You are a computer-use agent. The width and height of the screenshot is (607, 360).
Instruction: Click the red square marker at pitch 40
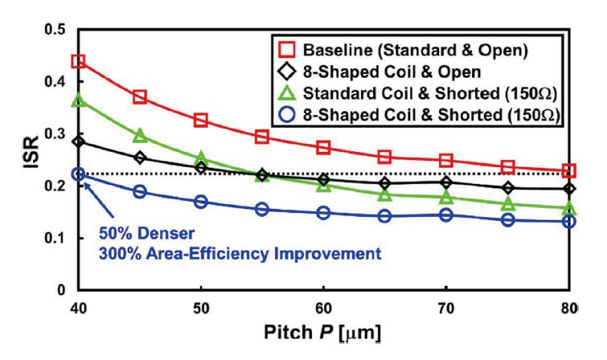point(78,61)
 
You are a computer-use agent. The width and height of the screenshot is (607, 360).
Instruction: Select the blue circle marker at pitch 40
point(78,174)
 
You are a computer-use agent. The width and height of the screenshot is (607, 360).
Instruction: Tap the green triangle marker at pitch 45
point(140,136)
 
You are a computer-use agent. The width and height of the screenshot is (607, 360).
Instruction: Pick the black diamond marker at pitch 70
point(446,182)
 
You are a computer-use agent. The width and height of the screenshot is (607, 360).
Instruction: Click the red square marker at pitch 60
point(323,148)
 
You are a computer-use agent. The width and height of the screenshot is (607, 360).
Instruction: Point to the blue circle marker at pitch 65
point(384,216)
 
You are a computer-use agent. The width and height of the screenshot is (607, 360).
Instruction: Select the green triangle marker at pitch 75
point(508,203)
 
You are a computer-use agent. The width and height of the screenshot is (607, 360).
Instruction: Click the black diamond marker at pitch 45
point(140,157)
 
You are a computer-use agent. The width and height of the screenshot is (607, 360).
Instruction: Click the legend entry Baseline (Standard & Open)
point(416,50)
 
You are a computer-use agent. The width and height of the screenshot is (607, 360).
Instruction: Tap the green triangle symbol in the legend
point(287,93)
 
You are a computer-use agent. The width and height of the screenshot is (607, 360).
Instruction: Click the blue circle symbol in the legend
point(287,115)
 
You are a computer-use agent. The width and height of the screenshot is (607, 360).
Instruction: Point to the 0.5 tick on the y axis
point(78,30)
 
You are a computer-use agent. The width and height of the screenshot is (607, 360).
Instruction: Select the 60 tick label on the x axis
point(323,309)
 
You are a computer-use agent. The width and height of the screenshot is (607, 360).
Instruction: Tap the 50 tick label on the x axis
point(201,309)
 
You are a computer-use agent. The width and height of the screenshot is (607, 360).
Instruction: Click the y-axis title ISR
point(31,152)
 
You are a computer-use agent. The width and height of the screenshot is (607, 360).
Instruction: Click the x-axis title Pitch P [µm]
point(322,333)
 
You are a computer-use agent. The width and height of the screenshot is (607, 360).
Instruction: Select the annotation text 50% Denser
point(146,233)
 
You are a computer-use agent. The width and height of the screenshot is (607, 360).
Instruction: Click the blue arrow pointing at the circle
point(99,200)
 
